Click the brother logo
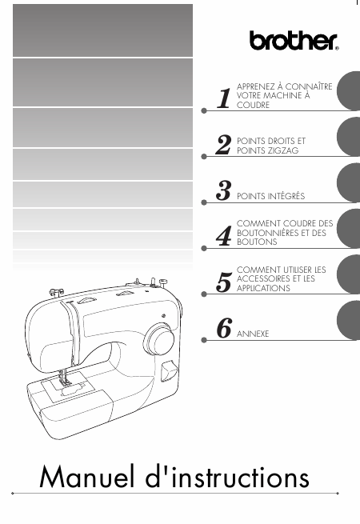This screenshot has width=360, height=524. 294,41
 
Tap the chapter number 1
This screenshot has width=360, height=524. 224,98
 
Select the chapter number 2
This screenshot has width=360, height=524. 223,144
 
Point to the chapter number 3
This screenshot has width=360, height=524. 223,190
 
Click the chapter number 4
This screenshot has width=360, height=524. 224,236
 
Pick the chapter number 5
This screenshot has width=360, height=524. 224,282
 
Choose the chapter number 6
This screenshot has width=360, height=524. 224,328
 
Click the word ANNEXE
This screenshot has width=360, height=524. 253,334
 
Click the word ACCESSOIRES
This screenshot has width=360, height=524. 264,278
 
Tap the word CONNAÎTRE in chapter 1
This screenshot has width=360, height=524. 309,86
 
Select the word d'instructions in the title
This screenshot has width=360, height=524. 227,477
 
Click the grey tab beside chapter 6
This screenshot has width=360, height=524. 348,320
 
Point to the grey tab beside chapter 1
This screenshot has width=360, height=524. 348,90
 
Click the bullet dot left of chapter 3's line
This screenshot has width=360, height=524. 204,202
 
